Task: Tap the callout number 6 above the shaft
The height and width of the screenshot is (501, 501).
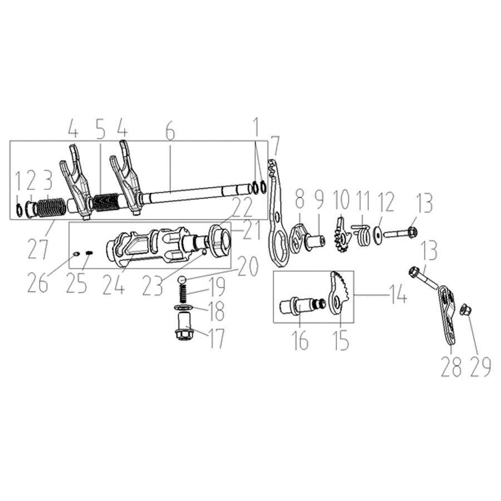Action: click(170, 131)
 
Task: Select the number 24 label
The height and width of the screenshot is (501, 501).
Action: click(114, 283)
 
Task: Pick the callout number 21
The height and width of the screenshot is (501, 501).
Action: click(252, 230)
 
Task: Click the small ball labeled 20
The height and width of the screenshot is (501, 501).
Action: click(182, 279)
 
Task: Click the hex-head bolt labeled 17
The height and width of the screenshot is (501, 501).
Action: click(184, 327)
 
